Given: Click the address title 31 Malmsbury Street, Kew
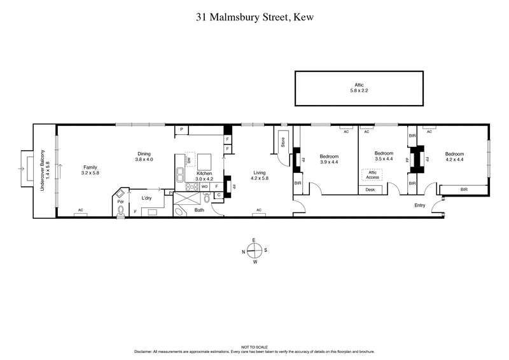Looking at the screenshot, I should point(254,20).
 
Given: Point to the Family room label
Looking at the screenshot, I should point(90,170).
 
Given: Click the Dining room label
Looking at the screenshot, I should point(144,156).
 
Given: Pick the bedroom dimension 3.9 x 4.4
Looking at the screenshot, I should point(329,162).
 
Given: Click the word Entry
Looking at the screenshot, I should point(420,205).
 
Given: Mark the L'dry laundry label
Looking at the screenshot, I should point(146,198).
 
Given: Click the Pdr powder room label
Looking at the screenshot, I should point(120,202).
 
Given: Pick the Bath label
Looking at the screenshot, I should point(199,209).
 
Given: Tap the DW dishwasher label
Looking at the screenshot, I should point(189,161).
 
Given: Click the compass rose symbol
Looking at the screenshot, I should point(254,251).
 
